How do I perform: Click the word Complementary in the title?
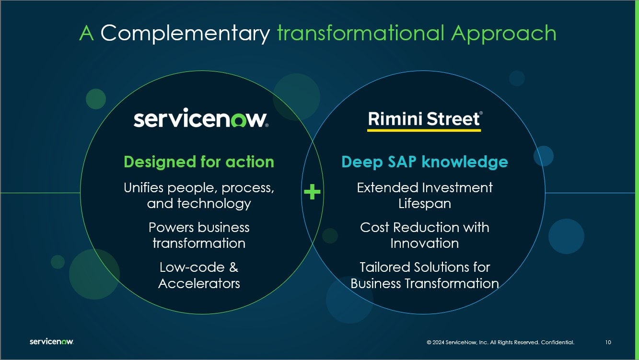coord(185,34)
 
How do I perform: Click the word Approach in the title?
coord(503,34)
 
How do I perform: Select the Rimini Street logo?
coord(424,121)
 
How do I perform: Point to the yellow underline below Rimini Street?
coord(424,130)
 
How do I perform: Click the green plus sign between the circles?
coord(312,192)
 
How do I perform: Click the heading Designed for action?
coord(199,162)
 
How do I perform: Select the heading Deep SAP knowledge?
coord(424,162)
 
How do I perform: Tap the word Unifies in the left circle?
coord(143,188)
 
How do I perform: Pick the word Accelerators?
coord(199,284)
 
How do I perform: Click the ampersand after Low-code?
coord(233,267)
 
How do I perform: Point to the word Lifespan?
coord(424,204)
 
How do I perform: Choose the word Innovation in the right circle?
coord(424,244)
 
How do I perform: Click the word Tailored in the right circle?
coord(385,267)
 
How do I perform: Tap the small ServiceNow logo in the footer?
coord(52,341)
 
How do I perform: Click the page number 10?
coord(608,342)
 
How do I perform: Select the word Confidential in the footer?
coord(558,342)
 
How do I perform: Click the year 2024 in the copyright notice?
coord(438,342)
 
